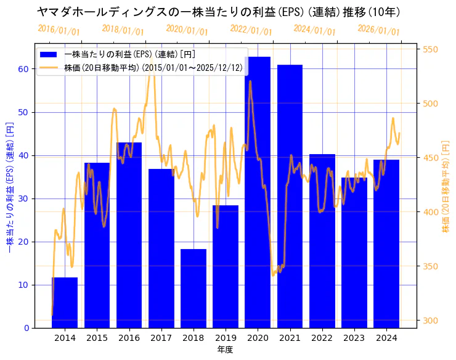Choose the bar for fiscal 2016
click(x=129, y=235)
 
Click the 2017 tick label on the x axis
click(x=161, y=338)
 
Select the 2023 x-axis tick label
click(x=354, y=338)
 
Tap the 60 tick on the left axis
click(x=23, y=69)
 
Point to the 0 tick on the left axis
click(x=26, y=328)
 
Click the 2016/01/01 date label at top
click(x=59, y=30)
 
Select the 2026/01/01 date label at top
click(x=378, y=30)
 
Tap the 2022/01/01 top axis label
click(x=251, y=30)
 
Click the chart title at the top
click(x=219, y=12)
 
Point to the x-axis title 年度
click(x=225, y=350)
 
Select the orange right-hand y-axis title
click(x=446, y=186)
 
